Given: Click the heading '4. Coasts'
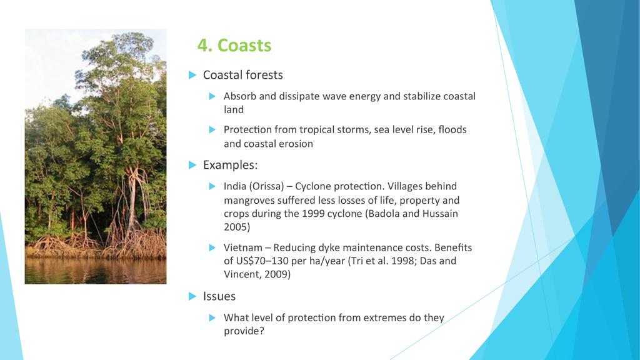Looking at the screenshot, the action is click(234, 45).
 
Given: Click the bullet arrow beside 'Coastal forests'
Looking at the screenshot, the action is click(192, 75).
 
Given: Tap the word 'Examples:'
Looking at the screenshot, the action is click(230, 165).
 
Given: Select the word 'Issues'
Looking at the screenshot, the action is click(219, 296).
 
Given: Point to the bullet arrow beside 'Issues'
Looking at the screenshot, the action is click(192, 296).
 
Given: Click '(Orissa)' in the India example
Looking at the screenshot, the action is click(266, 186).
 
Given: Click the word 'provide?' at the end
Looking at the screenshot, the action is click(244, 331).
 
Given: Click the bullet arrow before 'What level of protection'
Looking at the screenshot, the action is click(212, 317).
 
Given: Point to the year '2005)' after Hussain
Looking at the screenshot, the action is click(237, 227).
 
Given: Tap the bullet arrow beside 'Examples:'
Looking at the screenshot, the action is click(192, 165).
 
